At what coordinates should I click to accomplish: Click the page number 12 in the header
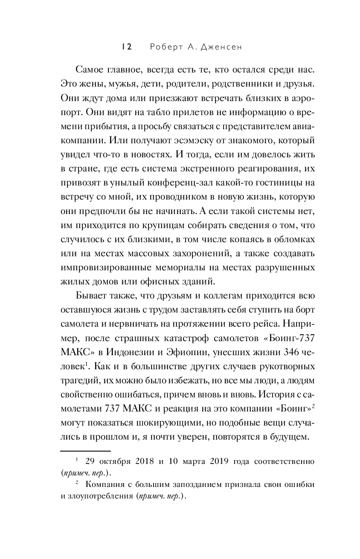(126, 47)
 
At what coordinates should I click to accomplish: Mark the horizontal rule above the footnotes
(85, 450)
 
